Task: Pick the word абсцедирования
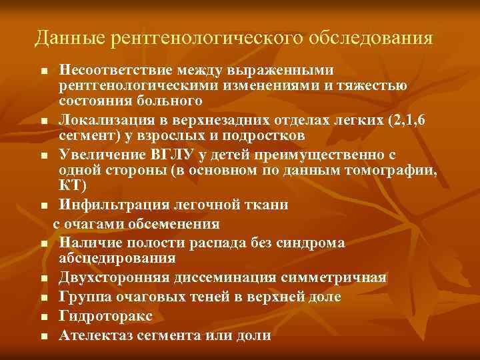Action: click(x=117, y=258)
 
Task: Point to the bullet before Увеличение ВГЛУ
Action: click(x=43, y=156)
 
